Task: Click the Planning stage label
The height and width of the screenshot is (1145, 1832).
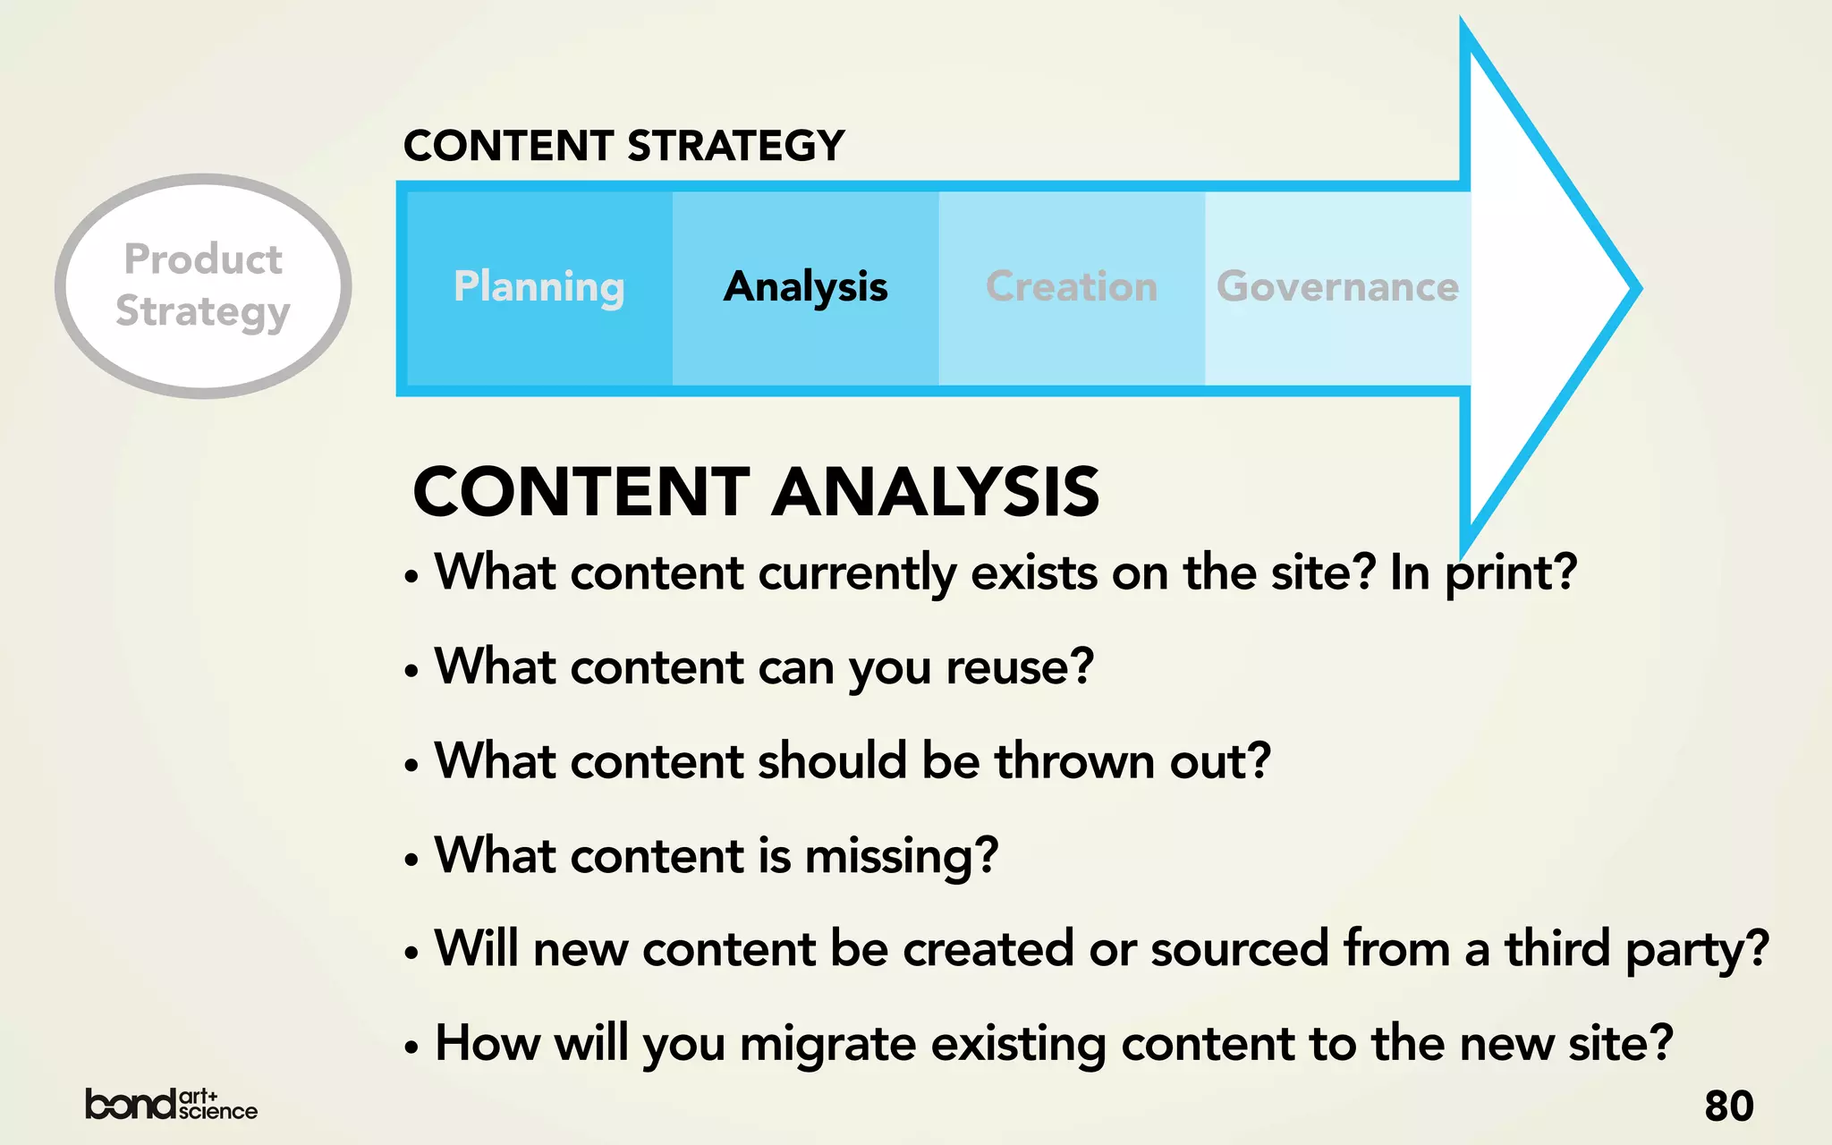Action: coord(539,287)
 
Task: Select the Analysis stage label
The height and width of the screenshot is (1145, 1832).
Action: coord(805,287)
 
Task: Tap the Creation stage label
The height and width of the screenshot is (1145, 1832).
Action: coord(1071,287)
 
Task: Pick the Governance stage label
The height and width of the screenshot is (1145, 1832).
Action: coord(1337,287)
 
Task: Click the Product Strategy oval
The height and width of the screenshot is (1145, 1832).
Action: coord(203,285)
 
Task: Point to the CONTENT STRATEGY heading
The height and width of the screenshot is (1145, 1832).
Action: coord(623,146)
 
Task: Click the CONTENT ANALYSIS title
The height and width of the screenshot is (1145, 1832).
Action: coord(756,492)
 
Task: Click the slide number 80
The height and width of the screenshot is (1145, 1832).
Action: coord(1728,1106)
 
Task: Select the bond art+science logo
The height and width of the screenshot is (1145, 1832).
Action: coord(171,1105)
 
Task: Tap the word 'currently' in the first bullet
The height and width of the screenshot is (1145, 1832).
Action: coord(857,573)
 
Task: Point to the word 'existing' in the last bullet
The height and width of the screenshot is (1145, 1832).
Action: coord(1018,1044)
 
